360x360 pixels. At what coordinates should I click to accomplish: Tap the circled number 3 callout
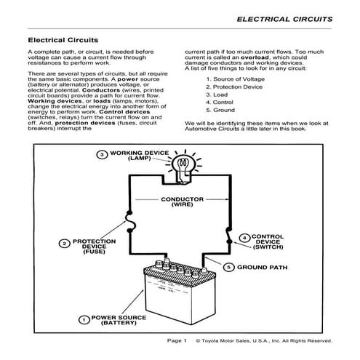pos(103,153)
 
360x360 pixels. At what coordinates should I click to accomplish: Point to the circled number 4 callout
pos(245,238)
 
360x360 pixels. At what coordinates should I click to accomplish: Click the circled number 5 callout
pos(230,268)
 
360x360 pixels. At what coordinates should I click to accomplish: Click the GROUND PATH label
pos(263,268)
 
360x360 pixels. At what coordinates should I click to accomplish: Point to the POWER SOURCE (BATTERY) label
pos(123,319)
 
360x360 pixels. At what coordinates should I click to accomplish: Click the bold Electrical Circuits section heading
pos(63,41)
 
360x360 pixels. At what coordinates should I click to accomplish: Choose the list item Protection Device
pos(236,87)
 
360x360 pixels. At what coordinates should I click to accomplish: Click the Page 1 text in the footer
pos(177,340)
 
